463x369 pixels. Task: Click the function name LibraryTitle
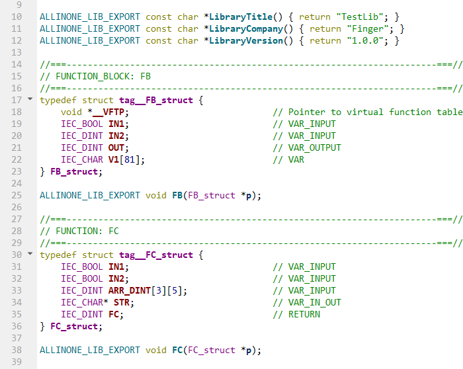coord(241,17)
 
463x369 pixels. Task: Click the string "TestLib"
coord(360,17)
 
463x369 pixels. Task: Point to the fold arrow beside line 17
coord(30,99)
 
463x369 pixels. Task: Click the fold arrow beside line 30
coord(30,253)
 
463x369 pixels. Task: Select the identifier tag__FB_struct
coord(156,101)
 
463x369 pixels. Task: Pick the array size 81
coord(130,160)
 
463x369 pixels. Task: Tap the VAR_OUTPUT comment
coord(307,148)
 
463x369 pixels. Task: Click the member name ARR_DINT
coord(130,291)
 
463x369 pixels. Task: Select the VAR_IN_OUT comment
coord(307,303)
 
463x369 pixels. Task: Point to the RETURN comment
coord(296,314)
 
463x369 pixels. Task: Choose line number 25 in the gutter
coord(17,196)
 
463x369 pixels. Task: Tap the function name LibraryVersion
coord(246,41)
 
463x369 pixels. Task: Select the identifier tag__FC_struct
coord(156,255)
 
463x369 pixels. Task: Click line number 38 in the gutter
coord(17,350)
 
